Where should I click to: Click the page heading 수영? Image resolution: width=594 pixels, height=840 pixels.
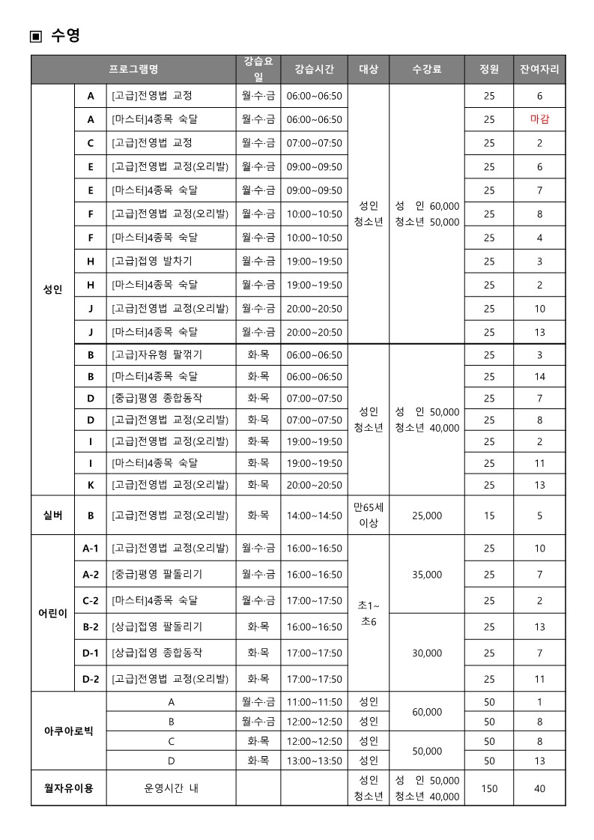(x=64, y=35)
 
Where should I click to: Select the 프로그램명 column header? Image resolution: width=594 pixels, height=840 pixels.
(x=133, y=69)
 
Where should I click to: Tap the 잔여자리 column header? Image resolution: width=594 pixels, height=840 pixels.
(x=539, y=69)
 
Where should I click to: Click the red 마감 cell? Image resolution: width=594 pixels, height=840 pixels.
(x=539, y=119)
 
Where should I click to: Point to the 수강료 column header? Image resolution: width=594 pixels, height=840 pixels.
(x=427, y=69)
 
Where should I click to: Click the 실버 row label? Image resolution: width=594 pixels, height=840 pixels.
(x=53, y=515)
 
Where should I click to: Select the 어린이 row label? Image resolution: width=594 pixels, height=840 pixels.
(x=53, y=613)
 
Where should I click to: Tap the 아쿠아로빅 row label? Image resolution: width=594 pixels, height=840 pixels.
(x=68, y=731)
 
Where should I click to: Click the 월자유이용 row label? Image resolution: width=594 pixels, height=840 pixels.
(x=68, y=788)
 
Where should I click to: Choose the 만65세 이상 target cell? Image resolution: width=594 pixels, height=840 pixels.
(x=369, y=515)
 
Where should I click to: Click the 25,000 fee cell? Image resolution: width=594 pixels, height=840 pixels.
(x=427, y=516)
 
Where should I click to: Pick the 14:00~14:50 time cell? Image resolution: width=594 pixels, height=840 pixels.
(x=315, y=516)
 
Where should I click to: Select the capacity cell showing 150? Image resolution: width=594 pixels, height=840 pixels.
(x=489, y=788)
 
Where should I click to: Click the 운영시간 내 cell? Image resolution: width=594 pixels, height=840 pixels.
(x=171, y=788)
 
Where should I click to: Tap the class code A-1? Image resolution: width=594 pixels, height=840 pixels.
(x=91, y=549)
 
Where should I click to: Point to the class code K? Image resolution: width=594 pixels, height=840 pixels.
(x=91, y=485)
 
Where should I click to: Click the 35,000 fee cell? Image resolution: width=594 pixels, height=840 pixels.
(x=427, y=575)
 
